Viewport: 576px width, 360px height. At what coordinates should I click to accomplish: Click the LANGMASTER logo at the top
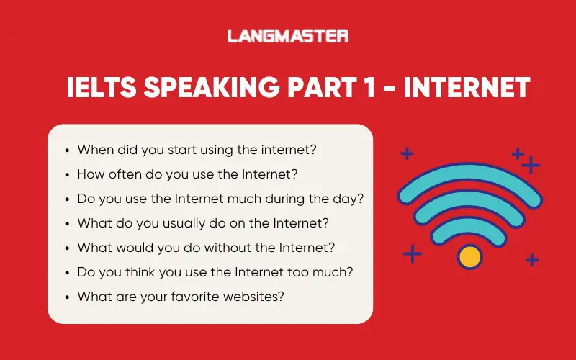(288, 35)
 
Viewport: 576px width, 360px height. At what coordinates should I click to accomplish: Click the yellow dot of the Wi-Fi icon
(469, 256)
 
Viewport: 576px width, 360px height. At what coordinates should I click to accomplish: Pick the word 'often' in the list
(127, 174)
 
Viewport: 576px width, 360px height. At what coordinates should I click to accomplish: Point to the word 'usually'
(161, 223)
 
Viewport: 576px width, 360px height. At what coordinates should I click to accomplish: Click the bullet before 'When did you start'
(67, 150)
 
